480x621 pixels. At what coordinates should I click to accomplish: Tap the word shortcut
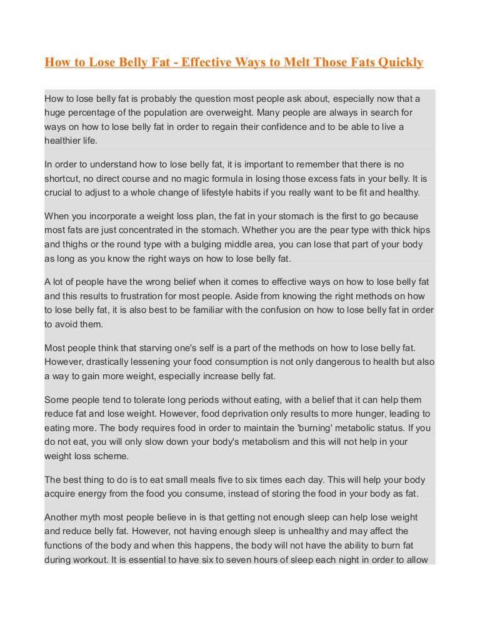pos(63,179)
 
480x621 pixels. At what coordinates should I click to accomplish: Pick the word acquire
pos(61,494)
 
